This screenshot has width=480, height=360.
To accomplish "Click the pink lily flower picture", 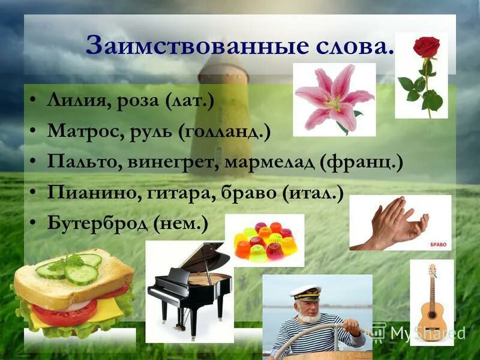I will pos(333,99).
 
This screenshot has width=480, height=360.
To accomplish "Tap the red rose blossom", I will pos(426,47).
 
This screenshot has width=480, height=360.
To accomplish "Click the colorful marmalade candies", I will pos(264,240).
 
